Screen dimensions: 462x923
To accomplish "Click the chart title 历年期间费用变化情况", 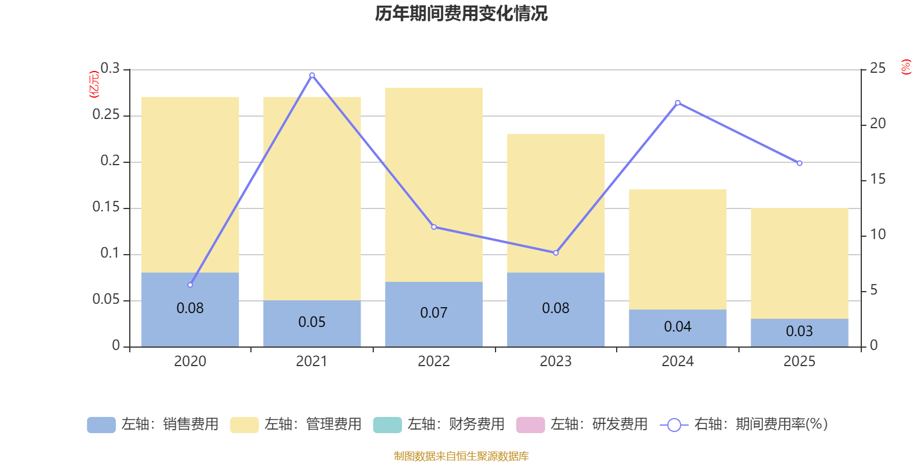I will pyautogui.click(x=461, y=13).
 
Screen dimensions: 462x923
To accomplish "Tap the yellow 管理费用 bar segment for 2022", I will pyautogui.click(x=433, y=185).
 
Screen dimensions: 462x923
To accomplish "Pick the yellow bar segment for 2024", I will pyautogui.click(x=677, y=249).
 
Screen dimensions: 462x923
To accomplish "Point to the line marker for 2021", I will pyautogui.click(x=312, y=75).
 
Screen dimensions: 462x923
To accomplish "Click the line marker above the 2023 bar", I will pyautogui.click(x=556, y=253).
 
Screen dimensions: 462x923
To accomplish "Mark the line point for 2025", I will pyautogui.click(x=800, y=163).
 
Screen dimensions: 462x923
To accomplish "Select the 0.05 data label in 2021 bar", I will pyautogui.click(x=312, y=322).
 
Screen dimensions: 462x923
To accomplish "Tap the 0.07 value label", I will pyautogui.click(x=433, y=313).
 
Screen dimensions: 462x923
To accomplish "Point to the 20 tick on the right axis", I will pyautogui.click(x=877, y=124).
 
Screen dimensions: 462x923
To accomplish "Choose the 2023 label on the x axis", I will pyautogui.click(x=555, y=362).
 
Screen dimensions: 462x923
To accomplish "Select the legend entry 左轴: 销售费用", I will pyautogui.click(x=153, y=424).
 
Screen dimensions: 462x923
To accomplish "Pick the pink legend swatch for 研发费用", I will pyautogui.click(x=530, y=424).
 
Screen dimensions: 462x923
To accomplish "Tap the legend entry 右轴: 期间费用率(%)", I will pyautogui.click(x=744, y=424).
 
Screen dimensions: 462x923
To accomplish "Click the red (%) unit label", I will pyautogui.click(x=906, y=67).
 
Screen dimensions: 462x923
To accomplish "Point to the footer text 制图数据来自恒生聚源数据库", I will pyautogui.click(x=461, y=456).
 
